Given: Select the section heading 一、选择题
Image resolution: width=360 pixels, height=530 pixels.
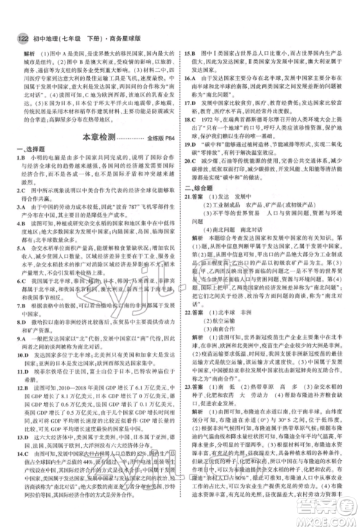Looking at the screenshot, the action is [x=30, y=130].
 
